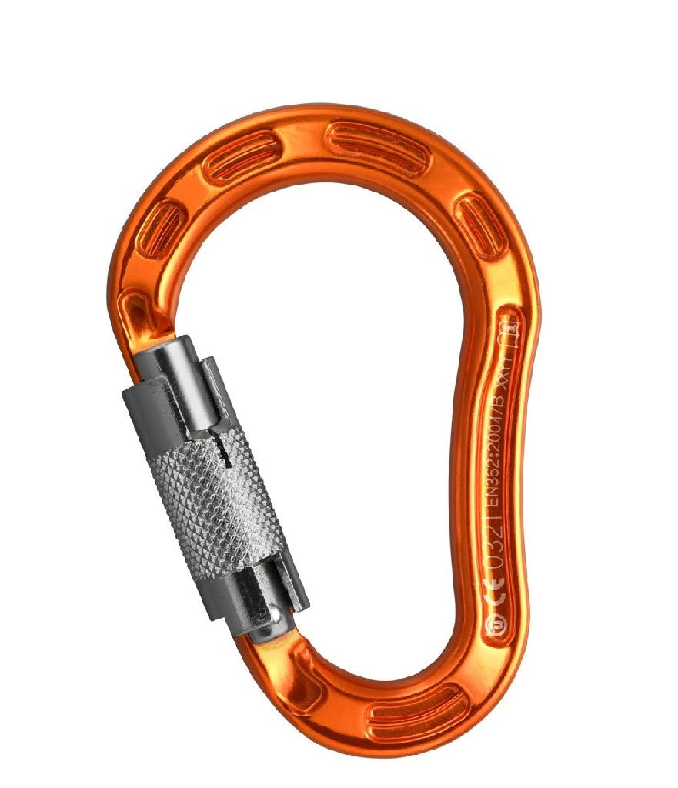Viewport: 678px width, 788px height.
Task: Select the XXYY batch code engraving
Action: coord(506,371)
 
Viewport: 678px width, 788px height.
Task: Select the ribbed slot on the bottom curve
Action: coord(416,713)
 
